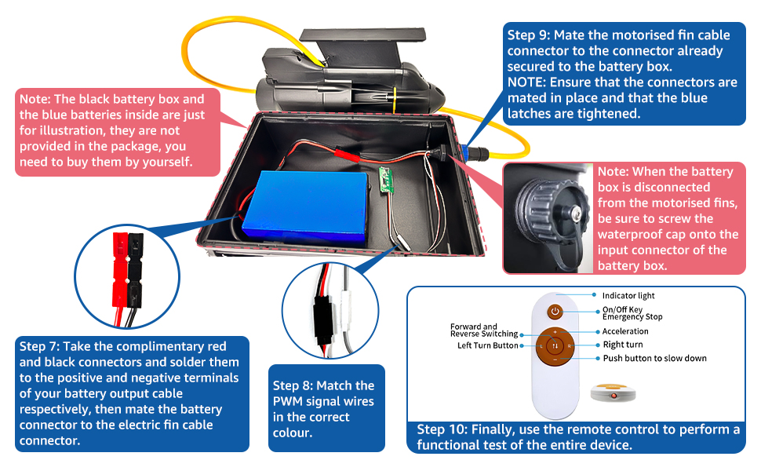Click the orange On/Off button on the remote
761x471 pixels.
pos(555,311)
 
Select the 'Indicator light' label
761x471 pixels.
pos(628,296)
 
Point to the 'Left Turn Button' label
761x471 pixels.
pos(488,345)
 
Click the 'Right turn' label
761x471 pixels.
pos(623,345)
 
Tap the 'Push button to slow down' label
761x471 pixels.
pos(654,358)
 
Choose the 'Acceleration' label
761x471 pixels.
pos(625,331)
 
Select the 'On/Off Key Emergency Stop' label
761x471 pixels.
pos(632,313)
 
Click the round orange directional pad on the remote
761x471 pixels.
pos(555,345)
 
